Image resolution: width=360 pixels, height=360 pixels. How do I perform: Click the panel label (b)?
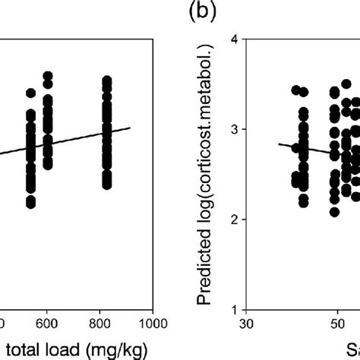tap(200, 14)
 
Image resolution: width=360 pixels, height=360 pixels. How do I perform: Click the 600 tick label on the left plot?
tap(47, 324)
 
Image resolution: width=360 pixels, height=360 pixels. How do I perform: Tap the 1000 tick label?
tap(152, 324)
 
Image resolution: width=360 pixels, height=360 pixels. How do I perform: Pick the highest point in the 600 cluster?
tap(47, 77)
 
